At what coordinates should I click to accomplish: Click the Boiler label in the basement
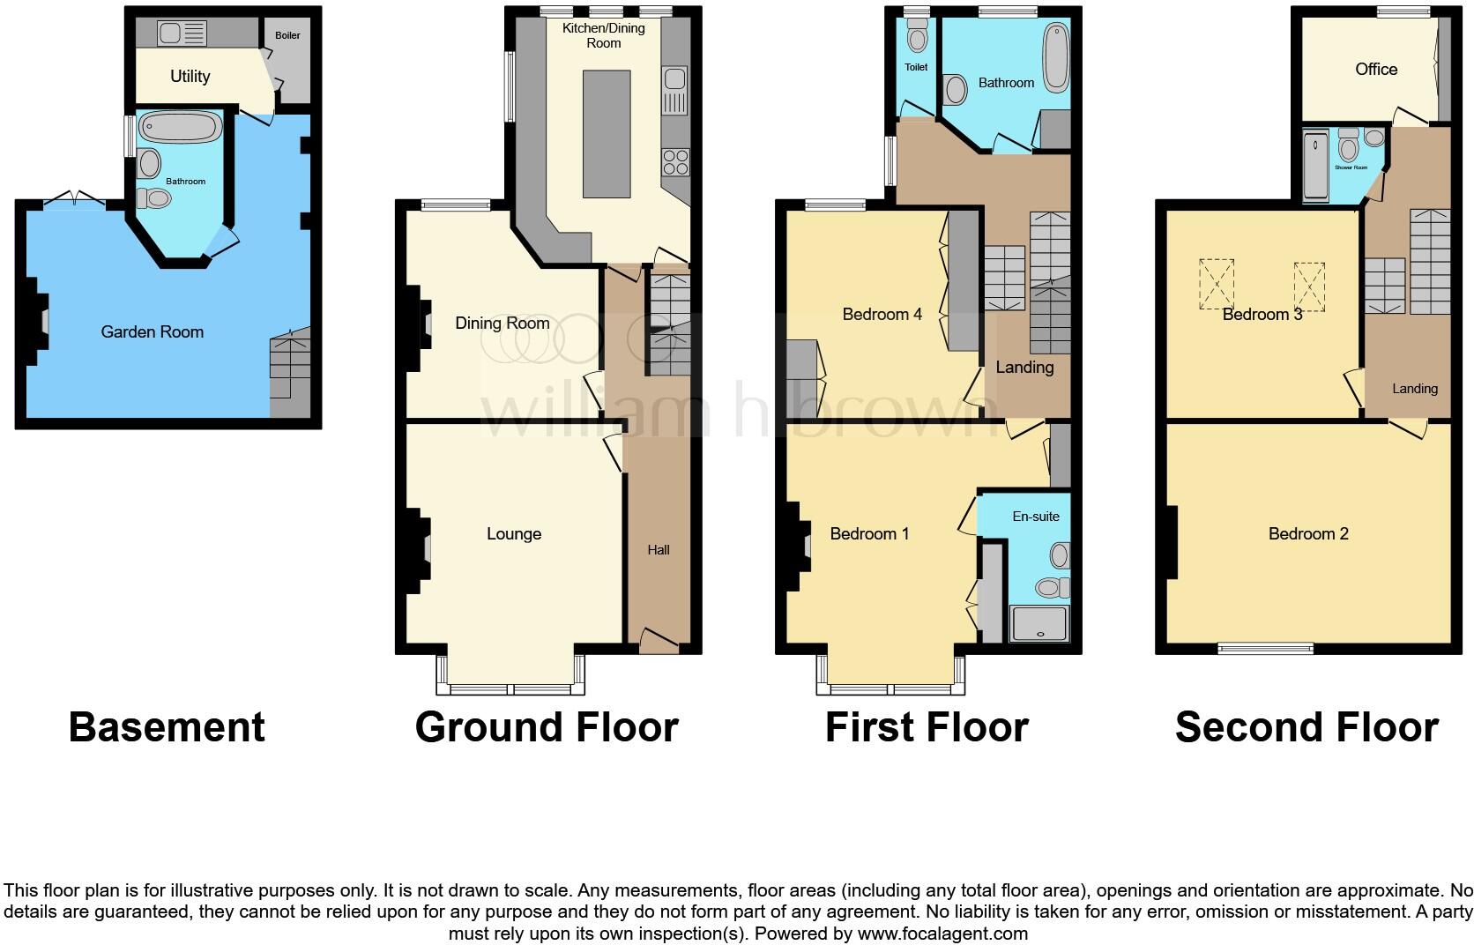pyautogui.click(x=287, y=35)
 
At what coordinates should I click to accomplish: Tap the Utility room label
pyautogui.click(x=190, y=77)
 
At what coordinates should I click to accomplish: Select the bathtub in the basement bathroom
pyautogui.click(x=182, y=128)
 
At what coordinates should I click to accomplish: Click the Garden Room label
pyautogui.click(x=152, y=332)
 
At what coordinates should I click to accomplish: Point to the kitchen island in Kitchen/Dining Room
pyautogui.click(x=607, y=134)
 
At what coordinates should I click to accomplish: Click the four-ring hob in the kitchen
pyautogui.click(x=676, y=162)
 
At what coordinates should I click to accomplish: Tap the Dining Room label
pyautogui.click(x=502, y=324)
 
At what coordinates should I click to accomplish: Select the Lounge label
pyautogui.click(x=514, y=534)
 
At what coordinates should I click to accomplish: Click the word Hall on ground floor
pyautogui.click(x=659, y=550)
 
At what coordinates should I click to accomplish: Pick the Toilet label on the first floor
pyautogui.click(x=916, y=67)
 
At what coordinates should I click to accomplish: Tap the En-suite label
pyautogui.click(x=1035, y=517)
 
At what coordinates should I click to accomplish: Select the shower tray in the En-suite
pyautogui.click(x=1040, y=622)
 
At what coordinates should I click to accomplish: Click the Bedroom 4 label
pyautogui.click(x=882, y=315)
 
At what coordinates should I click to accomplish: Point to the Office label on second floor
pyautogui.click(x=1375, y=70)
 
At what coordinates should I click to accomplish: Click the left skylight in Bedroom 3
pyautogui.click(x=1216, y=284)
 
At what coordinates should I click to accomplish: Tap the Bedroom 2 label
pyautogui.click(x=1307, y=534)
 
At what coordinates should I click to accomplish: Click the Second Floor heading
pyautogui.click(x=1306, y=728)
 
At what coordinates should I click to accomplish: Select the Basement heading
pyautogui.click(x=167, y=728)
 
